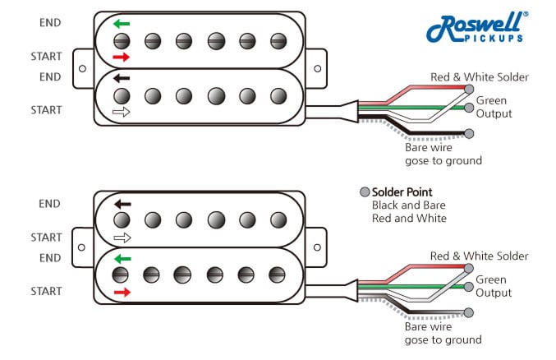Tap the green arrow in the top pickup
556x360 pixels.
pos(122,24)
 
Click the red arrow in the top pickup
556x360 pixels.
pos(122,57)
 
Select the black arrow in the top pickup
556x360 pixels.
pos(122,79)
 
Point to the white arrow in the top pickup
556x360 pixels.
pos(122,113)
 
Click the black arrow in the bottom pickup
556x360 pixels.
pos(122,204)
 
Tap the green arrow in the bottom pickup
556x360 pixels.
pos(122,258)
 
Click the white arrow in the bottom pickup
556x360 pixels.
pos(122,238)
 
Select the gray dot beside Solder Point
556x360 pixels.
pos(365,192)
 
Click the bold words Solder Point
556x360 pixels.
pos(402,192)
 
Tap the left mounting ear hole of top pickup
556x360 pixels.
pos(82,67)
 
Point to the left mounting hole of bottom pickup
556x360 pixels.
pos(82,247)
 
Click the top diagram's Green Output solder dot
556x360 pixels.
pos(469,108)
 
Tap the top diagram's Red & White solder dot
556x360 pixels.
pos(469,88)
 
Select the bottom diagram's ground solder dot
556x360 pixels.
pos(469,312)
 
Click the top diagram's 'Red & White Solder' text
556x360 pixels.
pos(479,77)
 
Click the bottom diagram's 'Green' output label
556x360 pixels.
pos(492,279)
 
